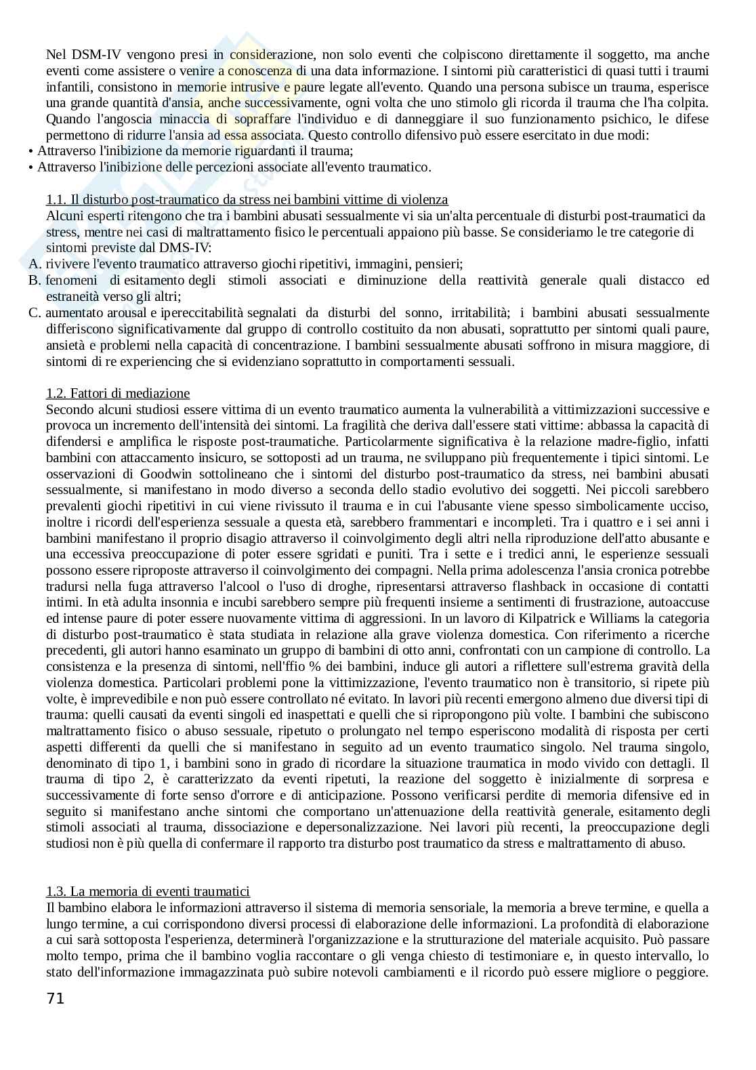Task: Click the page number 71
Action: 56,998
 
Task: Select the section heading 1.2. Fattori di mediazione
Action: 118,394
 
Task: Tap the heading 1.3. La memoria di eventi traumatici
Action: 148,891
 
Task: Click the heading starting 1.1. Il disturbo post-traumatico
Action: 247,200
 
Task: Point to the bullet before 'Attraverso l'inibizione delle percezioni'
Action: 30,167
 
